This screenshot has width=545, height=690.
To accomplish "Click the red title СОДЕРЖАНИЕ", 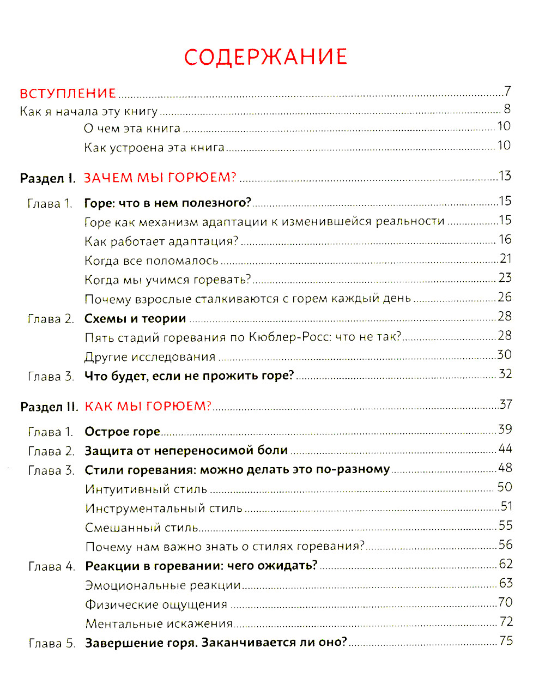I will (x=265, y=57).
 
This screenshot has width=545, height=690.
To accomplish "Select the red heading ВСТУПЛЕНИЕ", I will (x=68, y=93).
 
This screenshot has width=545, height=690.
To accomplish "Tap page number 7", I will (x=507, y=91).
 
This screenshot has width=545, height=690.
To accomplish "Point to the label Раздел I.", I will (x=47, y=178).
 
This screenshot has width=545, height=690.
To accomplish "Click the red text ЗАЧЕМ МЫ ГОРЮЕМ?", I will (x=160, y=178).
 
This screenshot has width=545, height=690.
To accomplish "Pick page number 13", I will (x=505, y=176).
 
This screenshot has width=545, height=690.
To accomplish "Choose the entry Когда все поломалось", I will (x=152, y=261).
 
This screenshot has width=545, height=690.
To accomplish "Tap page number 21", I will (x=505, y=259).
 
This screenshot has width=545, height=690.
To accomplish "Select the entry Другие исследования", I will (x=150, y=357).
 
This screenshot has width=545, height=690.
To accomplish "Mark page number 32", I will (x=505, y=374).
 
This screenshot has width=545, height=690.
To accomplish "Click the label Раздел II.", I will (x=49, y=407).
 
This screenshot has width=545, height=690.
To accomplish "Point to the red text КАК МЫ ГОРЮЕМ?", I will (x=148, y=406).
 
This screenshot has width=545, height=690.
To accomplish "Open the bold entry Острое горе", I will (x=122, y=432).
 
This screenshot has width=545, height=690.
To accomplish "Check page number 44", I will (x=505, y=449).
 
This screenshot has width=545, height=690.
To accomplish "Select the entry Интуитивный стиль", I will (x=146, y=489).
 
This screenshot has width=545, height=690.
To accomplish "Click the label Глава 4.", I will (x=52, y=567).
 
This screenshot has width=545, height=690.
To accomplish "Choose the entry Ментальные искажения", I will (x=159, y=624).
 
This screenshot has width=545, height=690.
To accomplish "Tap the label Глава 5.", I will (x=52, y=644).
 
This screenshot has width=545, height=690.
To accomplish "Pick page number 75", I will (x=506, y=641).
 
